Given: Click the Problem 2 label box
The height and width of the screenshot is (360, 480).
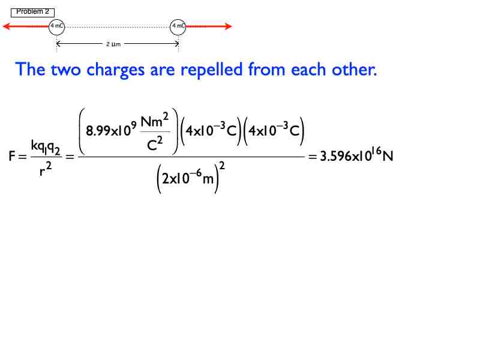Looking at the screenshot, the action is [x=33, y=12].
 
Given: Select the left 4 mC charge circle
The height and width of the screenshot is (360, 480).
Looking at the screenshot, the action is [x=56, y=27].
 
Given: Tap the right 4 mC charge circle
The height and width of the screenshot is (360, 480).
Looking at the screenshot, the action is [x=178, y=27].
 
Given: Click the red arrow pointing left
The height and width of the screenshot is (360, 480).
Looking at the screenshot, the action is [x=26, y=26].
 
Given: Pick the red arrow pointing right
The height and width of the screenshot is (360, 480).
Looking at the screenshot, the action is [x=209, y=26].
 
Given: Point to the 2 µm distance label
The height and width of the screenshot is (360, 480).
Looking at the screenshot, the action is [x=113, y=44].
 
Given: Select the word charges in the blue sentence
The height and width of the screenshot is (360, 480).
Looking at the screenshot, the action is [x=115, y=70].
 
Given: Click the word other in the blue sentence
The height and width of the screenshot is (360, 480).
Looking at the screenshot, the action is [x=355, y=69].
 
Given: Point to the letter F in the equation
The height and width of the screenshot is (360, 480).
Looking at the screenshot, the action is [x=12, y=156].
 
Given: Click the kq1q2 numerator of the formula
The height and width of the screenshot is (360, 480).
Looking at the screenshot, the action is [x=46, y=147].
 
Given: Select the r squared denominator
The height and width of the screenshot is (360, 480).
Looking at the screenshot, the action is [x=46, y=169].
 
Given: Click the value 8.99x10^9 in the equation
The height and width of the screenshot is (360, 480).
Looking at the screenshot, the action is [x=111, y=130].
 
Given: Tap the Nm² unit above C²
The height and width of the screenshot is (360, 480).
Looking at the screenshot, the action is [x=155, y=121].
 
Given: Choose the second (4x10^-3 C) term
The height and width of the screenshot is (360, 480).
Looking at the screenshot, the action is [x=274, y=131].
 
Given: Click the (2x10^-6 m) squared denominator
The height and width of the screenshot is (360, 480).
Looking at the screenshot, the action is [x=190, y=178].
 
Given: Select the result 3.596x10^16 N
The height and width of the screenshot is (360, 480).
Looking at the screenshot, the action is [x=356, y=155].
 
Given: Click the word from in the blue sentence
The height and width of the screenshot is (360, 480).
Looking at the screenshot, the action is [x=266, y=69].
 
